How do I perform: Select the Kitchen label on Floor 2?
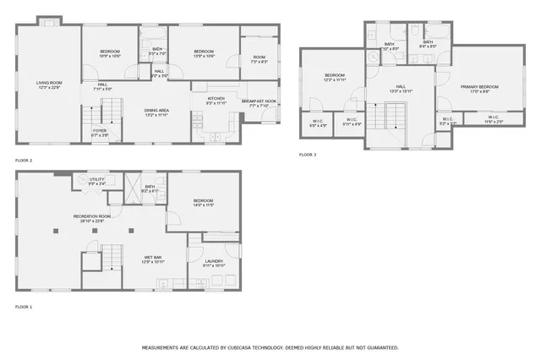tap(216, 100)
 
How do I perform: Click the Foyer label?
tap(100, 132)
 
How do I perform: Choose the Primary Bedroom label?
tap(479, 88)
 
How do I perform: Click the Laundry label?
tap(214, 263)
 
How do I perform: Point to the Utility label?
tap(96, 181)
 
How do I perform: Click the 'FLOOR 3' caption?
tap(308, 155)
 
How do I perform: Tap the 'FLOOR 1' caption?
tap(24, 306)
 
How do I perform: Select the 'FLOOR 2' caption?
tap(24, 160)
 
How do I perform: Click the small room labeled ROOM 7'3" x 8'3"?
tap(259, 59)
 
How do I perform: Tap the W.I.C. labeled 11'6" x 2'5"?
tap(493, 120)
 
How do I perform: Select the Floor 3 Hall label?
tap(400, 88)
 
